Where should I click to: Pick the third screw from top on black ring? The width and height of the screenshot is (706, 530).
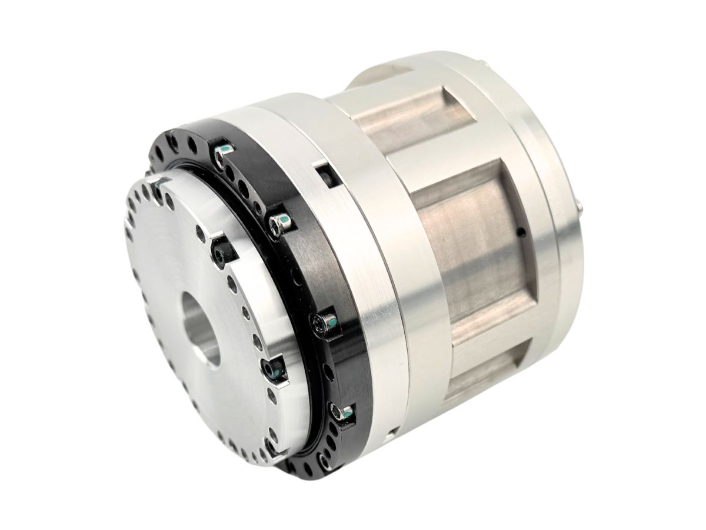click(322, 323)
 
